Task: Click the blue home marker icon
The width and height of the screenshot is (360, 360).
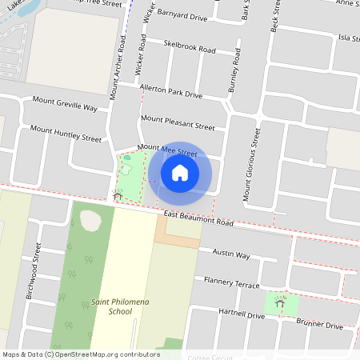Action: [180, 172]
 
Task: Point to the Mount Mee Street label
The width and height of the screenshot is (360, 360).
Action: [166, 150]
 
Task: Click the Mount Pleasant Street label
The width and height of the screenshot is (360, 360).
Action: [178, 122]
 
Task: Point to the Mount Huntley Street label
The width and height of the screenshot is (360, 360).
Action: [66, 133]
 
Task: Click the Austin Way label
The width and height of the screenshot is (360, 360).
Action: [231, 255]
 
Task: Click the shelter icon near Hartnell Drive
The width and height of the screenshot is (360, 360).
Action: [279, 302]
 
